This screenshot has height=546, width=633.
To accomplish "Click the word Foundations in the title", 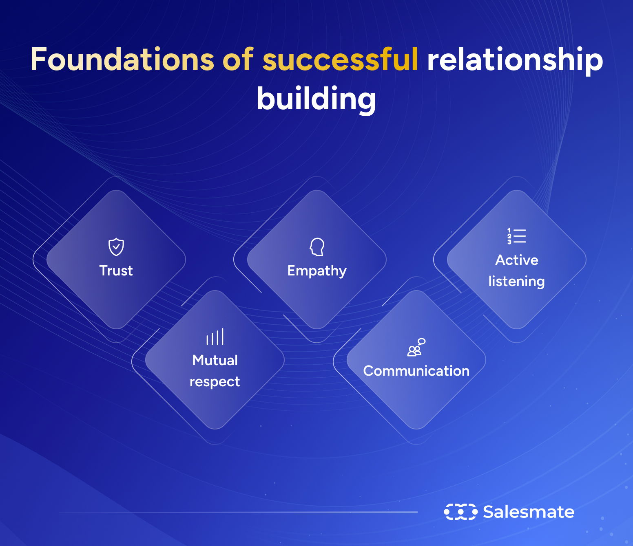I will (x=122, y=59).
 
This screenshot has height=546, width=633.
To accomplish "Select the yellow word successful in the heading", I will (x=340, y=59).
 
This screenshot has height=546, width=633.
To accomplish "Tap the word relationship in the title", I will (x=515, y=59).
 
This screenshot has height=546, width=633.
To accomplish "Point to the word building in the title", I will (x=316, y=99).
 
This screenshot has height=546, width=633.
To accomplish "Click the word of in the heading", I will (x=238, y=59).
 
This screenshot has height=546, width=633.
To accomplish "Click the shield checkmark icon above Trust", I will (x=116, y=247).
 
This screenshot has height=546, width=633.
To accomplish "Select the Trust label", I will (x=116, y=271).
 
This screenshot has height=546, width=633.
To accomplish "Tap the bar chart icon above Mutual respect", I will (x=215, y=337).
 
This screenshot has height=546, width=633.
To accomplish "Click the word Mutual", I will (x=215, y=360).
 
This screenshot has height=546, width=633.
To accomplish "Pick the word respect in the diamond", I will (x=215, y=382).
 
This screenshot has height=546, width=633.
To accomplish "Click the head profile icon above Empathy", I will (x=317, y=247).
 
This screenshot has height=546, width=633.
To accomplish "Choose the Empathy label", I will (x=317, y=271).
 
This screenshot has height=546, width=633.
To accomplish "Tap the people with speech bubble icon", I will (x=416, y=347).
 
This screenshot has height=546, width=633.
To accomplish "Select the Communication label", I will (x=416, y=371).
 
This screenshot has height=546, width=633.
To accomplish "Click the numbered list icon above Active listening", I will (x=517, y=236).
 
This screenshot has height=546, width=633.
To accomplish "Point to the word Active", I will (x=517, y=260).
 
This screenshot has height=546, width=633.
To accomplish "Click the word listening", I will (x=517, y=281).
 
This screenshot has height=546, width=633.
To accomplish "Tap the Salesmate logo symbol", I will (x=460, y=512).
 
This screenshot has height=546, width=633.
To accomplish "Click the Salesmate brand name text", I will (x=529, y=512).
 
